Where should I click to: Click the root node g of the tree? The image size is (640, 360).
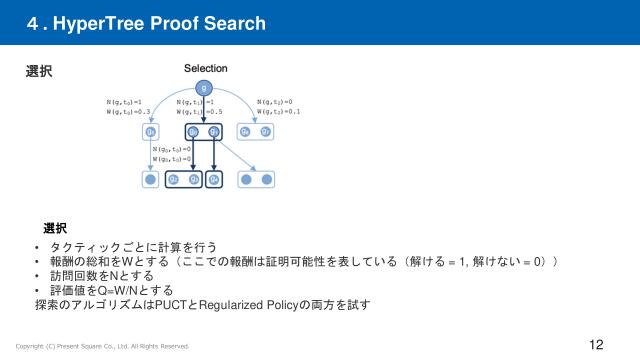pyautogui.click(x=205, y=87)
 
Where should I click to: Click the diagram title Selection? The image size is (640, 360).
pyautogui.click(x=205, y=68)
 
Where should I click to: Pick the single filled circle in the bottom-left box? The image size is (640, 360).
pyautogui.click(x=151, y=180)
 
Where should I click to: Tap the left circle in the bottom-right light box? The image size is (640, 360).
pyautogui.click(x=247, y=180)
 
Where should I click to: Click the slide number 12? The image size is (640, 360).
pyautogui.click(x=596, y=345)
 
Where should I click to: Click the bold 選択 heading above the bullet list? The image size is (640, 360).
pyautogui.click(x=55, y=228)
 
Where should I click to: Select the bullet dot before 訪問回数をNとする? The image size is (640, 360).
pyautogui.click(x=36, y=276)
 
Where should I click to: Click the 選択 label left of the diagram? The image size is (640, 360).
pyautogui.click(x=38, y=72)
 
